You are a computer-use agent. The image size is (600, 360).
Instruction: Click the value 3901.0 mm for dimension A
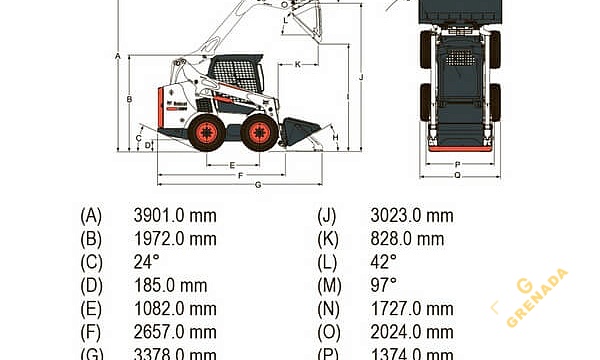pyautogui.click(x=175, y=215)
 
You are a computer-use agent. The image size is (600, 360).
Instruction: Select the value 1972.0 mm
pyautogui.click(x=175, y=238)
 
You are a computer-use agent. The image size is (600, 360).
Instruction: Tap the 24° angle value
pyautogui.click(x=146, y=262)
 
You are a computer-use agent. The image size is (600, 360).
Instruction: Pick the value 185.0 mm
pyautogui.click(x=170, y=286)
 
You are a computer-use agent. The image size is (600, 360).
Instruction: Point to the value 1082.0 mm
pyautogui.click(x=175, y=309)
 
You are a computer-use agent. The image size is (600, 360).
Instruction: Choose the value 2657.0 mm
pyautogui.click(x=175, y=332)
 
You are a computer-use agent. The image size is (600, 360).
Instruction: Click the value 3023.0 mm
pyautogui.click(x=411, y=215)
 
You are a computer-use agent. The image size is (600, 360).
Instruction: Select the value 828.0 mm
pyautogui.click(x=407, y=238)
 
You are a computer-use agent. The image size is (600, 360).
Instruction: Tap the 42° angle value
pyautogui.click(x=383, y=262)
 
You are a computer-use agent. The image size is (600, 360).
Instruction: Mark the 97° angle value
pyautogui.click(x=383, y=286)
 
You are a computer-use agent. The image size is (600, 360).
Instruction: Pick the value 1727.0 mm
pyautogui.click(x=411, y=309)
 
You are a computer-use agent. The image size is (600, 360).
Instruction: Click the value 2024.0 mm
pyautogui.click(x=411, y=332)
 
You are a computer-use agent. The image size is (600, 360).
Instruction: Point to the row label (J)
pyautogui.click(x=326, y=215)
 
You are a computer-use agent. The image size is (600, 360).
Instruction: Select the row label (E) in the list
pyautogui.click(x=91, y=309)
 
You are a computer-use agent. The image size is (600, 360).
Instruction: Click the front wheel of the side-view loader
pyautogui.click(x=260, y=132)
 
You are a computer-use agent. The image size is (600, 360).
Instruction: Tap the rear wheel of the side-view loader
pyautogui.click(x=207, y=132)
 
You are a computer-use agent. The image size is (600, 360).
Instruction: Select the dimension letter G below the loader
pyautogui.click(x=257, y=185)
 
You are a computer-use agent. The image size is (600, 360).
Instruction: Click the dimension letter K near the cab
pyautogui.click(x=298, y=64)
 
